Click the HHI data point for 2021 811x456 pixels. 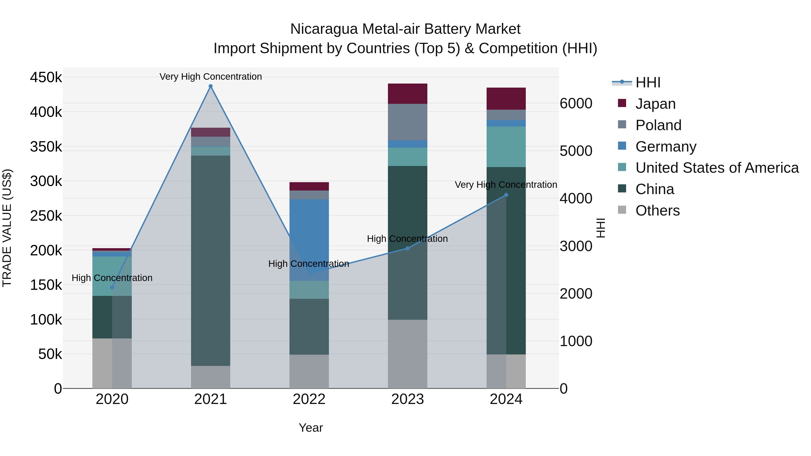click(211, 86)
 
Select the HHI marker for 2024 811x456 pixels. click(506, 195)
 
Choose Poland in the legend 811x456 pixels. click(658, 125)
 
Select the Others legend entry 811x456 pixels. click(657, 211)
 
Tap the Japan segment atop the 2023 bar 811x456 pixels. click(407, 93)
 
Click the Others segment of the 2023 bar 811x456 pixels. click(407, 354)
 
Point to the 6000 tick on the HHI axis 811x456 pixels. click(576, 104)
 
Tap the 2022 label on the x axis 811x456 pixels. click(309, 399)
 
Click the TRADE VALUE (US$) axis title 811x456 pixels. click(7, 228)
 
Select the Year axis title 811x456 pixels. click(311, 428)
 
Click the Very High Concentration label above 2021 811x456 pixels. click(211, 77)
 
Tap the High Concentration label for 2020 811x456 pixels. click(112, 278)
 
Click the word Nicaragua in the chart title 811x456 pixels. click(324, 29)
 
